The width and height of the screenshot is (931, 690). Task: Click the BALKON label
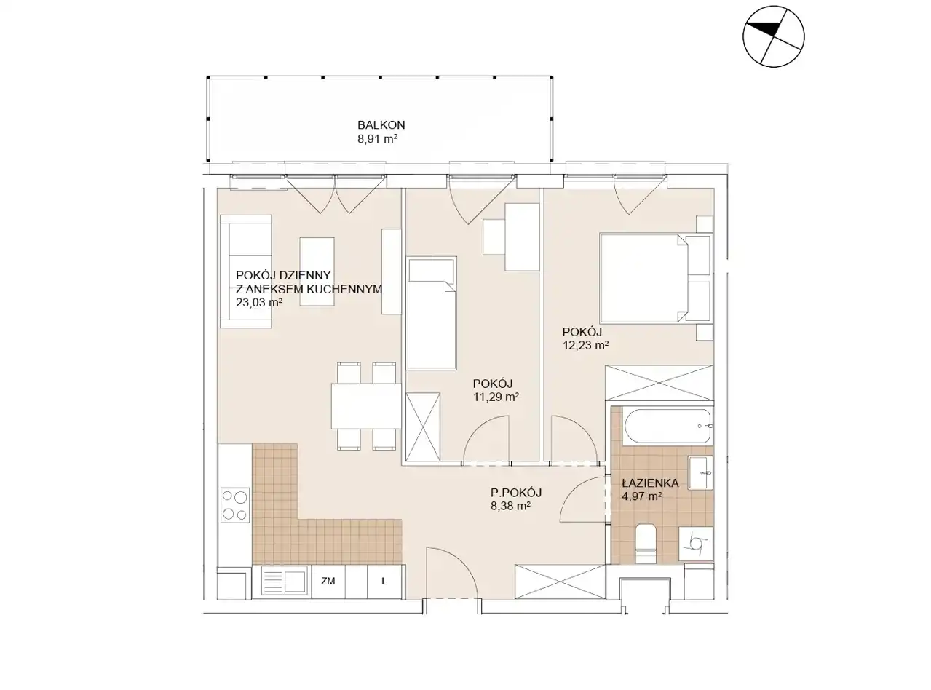point(381,125)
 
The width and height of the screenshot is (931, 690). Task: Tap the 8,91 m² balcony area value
point(377,139)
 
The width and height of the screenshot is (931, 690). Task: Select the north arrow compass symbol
point(773,36)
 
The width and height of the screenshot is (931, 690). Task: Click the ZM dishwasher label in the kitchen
point(328,582)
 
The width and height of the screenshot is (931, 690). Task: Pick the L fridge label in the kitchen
point(384,582)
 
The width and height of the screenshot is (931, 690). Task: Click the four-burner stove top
point(235,505)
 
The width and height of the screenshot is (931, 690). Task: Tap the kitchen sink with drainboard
point(284,581)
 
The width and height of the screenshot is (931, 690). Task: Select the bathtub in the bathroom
point(667,426)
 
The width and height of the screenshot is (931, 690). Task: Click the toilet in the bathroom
point(646,544)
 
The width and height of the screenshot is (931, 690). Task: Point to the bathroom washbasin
point(700,472)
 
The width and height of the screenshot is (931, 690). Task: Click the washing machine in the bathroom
point(696,544)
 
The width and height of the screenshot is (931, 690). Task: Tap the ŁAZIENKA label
point(650,483)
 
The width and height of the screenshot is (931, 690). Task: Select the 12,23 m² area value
point(585,345)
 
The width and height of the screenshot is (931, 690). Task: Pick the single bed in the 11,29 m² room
point(432,314)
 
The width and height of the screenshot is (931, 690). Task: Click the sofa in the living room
point(246,271)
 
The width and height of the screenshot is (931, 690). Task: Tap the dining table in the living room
point(366,406)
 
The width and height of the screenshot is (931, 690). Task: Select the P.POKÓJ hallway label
point(516,492)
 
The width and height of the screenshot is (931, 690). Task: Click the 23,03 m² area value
point(259,302)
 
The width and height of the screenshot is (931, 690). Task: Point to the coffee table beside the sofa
point(317,271)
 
